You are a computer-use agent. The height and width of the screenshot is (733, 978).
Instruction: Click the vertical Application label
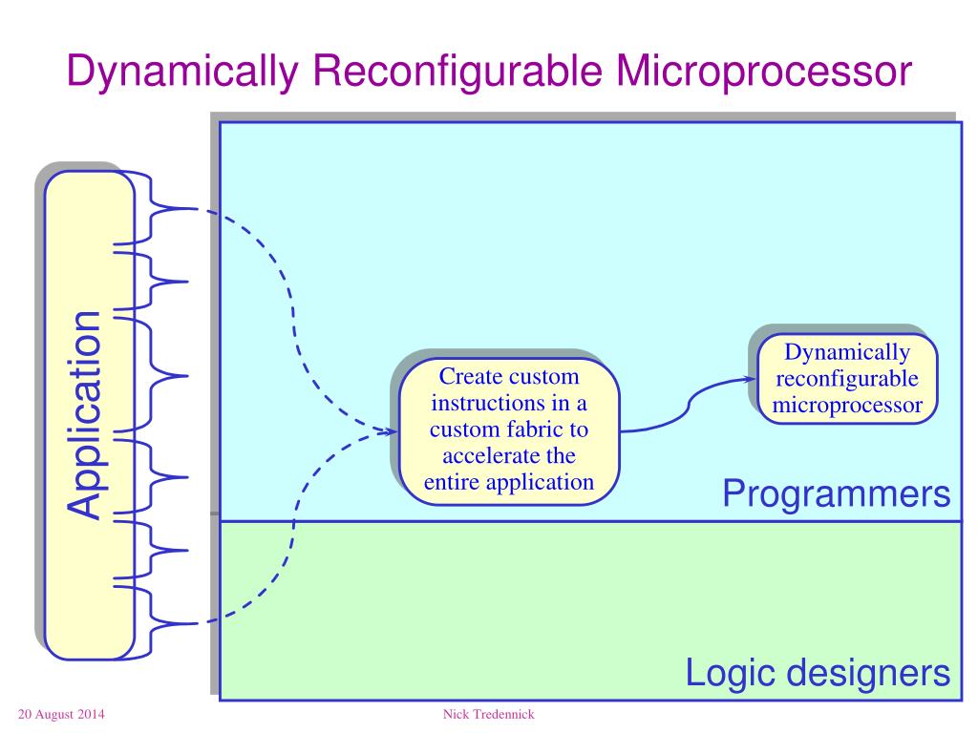pyautogui.click(x=85, y=415)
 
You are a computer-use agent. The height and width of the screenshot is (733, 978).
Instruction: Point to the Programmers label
pyautogui.click(x=836, y=494)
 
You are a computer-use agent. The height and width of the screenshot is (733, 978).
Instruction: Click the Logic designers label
pyautogui.click(x=818, y=674)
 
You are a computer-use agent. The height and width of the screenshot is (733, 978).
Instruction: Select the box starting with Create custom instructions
pyautogui.click(x=508, y=429)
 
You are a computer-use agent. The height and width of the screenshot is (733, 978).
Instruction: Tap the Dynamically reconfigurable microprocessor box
pyautogui.click(x=847, y=380)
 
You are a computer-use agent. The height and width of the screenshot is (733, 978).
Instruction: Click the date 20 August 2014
pyautogui.click(x=61, y=715)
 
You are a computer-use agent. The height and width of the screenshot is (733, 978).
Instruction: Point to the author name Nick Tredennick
pyautogui.click(x=488, y=715)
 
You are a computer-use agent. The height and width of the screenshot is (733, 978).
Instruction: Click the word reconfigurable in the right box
pyautogui.click(x=847, y=380)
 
